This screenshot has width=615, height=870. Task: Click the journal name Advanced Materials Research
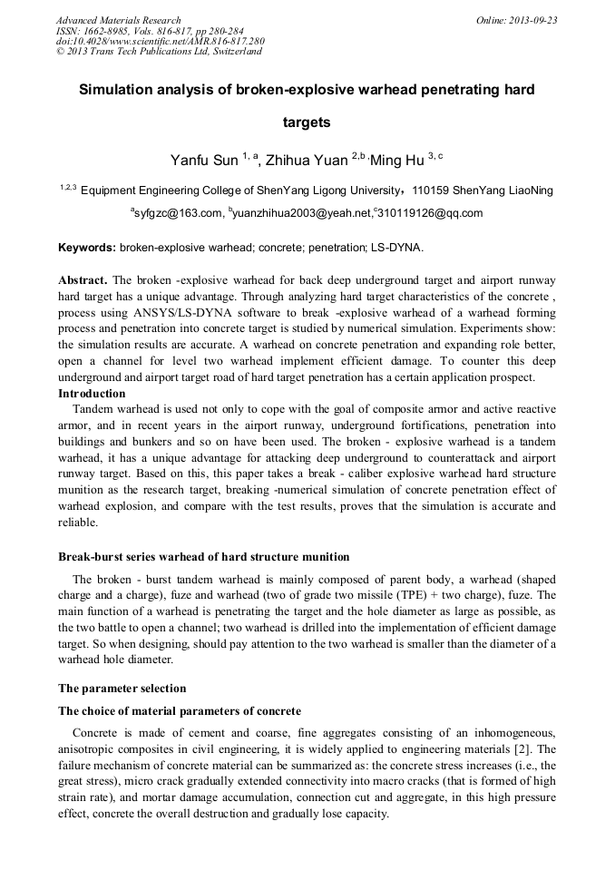[118, 20]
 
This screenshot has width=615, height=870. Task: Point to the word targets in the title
[307, 122]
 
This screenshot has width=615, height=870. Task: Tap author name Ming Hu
[398, 161]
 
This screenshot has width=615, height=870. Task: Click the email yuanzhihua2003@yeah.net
[302, 213]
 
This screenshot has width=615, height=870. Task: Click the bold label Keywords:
[87, 247]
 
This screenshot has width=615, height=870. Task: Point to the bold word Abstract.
[83, 280]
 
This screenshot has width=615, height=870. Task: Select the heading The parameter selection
[122, 688]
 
